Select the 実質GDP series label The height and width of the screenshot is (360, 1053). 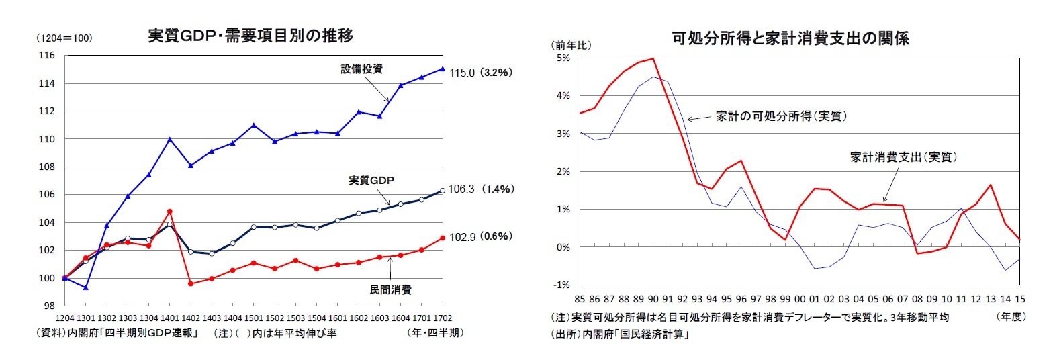click(x=371, y=180)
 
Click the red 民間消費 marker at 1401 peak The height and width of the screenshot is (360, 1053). click(x=170, y=212)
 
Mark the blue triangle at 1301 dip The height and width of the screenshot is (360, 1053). click(x=85, y=287)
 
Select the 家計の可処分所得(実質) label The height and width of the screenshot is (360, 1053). click(x=780, y=116)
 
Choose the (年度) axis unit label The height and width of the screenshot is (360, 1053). click(x=1011, y=316)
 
